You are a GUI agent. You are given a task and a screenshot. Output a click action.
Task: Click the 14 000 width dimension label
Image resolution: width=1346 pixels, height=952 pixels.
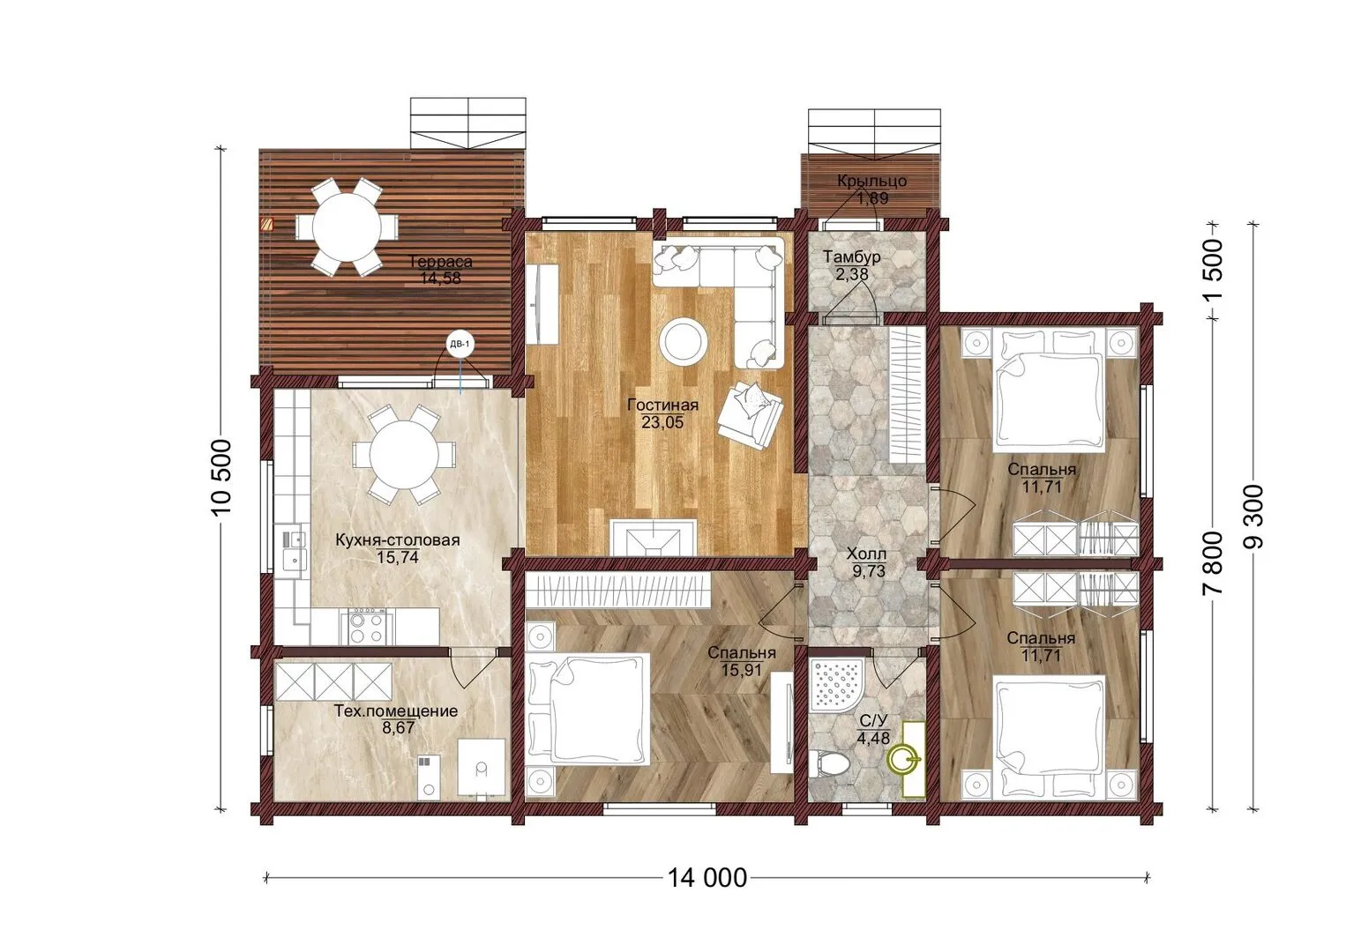(707, 878)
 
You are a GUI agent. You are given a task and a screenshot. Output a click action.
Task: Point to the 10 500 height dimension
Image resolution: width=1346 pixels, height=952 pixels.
(221, 477)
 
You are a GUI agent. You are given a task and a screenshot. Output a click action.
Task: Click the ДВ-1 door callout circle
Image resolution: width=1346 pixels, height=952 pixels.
(460, 344)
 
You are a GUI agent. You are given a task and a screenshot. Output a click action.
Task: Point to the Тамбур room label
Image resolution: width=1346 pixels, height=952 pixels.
(851, 257)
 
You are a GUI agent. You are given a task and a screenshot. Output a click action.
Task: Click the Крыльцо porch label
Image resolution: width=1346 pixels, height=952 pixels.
(871, 181)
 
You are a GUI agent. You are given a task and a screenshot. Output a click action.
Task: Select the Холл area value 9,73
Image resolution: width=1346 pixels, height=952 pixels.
(869, 570)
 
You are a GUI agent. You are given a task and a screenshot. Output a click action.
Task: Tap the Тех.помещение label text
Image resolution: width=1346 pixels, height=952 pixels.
(395, 711)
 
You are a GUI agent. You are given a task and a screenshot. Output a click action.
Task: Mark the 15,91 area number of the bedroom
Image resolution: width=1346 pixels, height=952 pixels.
(742, 669)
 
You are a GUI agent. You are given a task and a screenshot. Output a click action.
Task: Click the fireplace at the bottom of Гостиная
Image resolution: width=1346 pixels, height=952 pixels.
(654, 537)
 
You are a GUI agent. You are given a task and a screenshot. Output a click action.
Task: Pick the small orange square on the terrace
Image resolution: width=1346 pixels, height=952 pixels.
(267, 224)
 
